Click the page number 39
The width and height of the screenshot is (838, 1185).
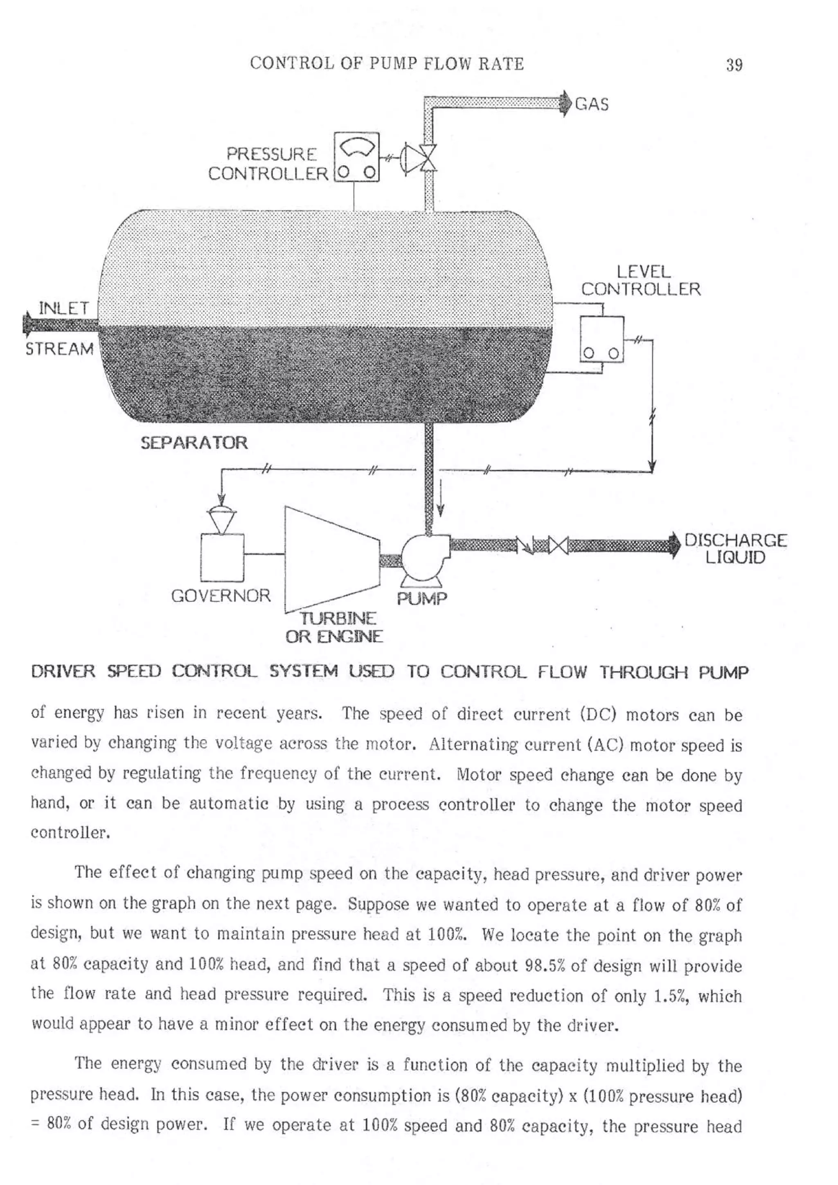tap(734, 65)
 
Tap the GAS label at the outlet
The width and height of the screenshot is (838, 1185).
tap(592, 104)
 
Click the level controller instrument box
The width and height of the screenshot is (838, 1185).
tap(601, 339)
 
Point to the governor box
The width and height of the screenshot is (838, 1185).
tap(222, 558)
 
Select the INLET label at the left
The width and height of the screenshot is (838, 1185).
tap(63, 309)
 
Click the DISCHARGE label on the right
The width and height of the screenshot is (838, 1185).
tap(735, 540)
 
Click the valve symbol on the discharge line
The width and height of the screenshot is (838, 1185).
tap(558, 545)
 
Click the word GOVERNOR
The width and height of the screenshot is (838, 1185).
tap(221, 596)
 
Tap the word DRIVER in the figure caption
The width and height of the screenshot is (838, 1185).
tap(63, 672)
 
